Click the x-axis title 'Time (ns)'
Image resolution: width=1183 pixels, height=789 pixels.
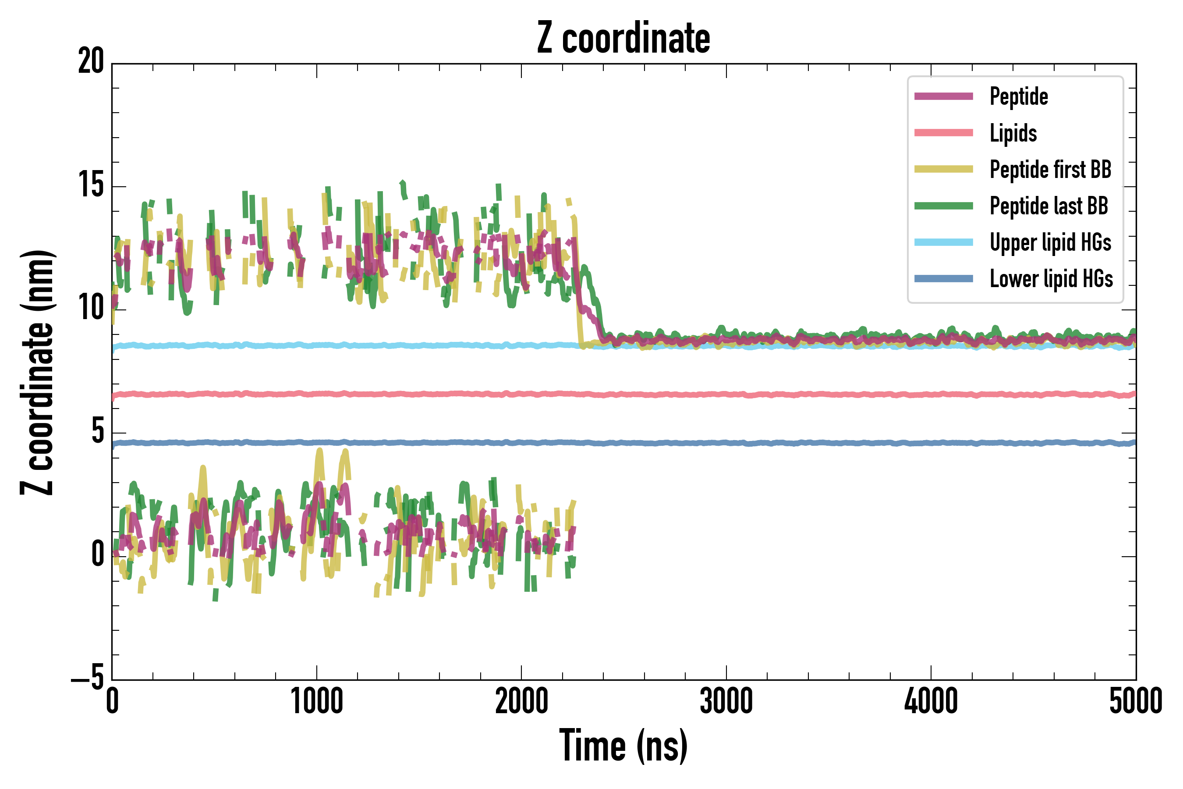(x=623, y=746)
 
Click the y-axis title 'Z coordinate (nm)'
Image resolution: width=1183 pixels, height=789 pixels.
(x=36, y=372)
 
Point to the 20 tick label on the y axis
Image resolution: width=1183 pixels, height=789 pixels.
(x=91, y=62)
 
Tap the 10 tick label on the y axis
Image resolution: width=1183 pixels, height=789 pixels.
(x=91, y=309)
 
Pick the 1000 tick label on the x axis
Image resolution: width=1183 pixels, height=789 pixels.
(x=317, y=701)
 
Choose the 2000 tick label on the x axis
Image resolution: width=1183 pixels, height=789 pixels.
(x=521, y=701)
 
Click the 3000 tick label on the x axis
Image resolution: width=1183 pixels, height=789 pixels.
(x=726, y=701)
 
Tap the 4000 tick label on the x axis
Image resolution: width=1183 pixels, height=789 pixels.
(x=931, y=701)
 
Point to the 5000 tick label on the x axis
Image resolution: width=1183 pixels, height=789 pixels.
(x=1136, y=701)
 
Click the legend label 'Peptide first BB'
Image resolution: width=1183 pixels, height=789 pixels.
(x=1050, y=170)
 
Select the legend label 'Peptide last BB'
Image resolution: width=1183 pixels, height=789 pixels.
(x=1048, y=206)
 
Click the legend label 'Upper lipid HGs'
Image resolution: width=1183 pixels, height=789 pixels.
(x=1050, y=242)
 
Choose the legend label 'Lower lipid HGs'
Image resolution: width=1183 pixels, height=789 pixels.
(x=1051, y=279)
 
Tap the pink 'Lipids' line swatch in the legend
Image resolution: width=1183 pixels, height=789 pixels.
(x=944, y=133)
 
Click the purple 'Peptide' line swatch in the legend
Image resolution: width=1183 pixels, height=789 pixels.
(x=944, y=96)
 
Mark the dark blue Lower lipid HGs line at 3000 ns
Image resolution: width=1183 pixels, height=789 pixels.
(x=726, y=443)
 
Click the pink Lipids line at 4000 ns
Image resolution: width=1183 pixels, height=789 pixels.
(x=931, y=394)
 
